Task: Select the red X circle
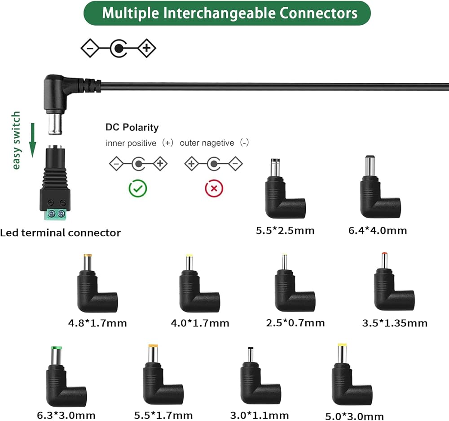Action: tap(214, 188)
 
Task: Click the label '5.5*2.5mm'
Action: tap(285, 231)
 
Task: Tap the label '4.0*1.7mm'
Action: tap(200, 323)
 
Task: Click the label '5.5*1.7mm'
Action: tap(163, 415)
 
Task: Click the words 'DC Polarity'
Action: tap(132, 127)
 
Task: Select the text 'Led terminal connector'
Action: tap(60, 233)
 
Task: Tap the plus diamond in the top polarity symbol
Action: tap(146, 48)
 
